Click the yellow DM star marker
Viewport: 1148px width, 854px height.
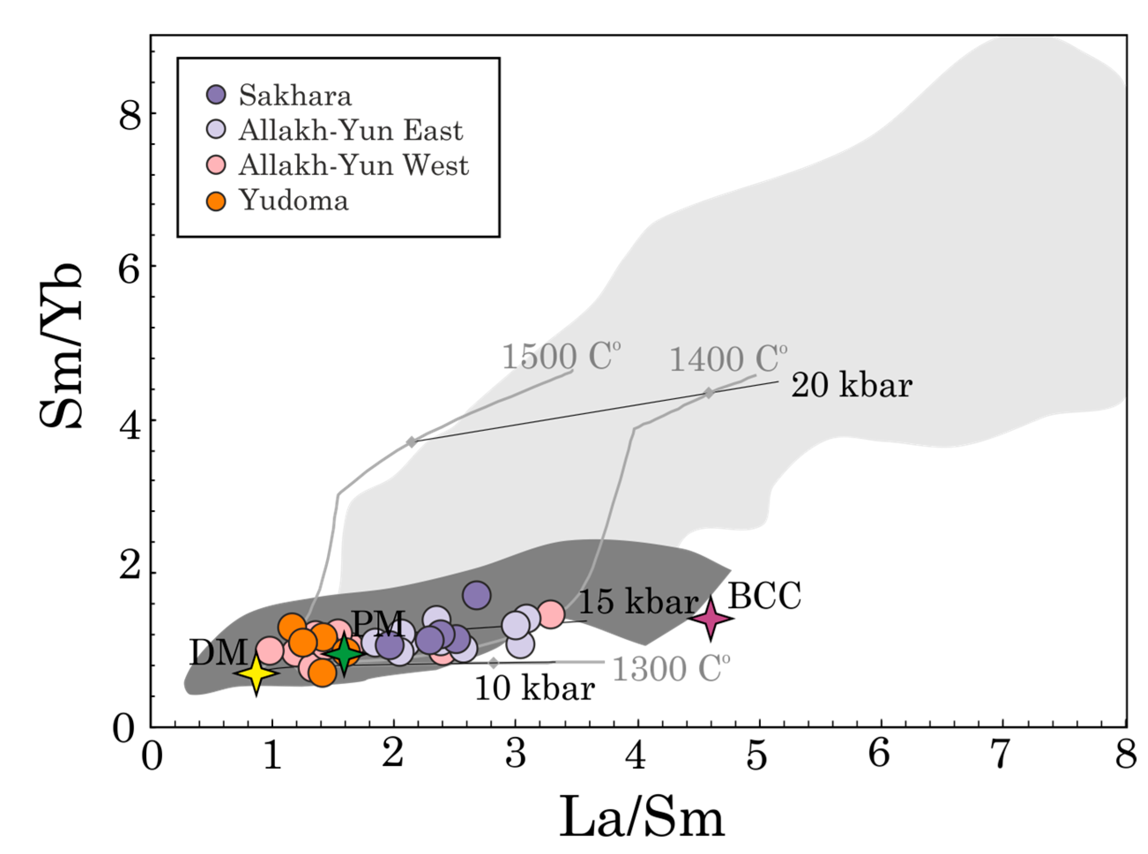pyautogui.click(x=256, y=674)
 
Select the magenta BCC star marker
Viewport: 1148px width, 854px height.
pyautogui.click(x=711, y=618)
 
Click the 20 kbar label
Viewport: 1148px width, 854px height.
pyautogui.click(x=851, y=386)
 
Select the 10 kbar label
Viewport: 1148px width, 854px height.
pyautogui.click(x=535, y=689)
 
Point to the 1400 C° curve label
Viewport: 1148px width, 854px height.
pyautogui.click(x=728, y=358)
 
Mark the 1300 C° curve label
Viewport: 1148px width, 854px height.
pyautogui.click(x=671, y=668)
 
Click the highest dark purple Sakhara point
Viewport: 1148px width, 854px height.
pyautogui.click(x=476, y=595)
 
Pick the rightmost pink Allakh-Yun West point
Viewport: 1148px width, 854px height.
pyautogui.click(x=551, y=614)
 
